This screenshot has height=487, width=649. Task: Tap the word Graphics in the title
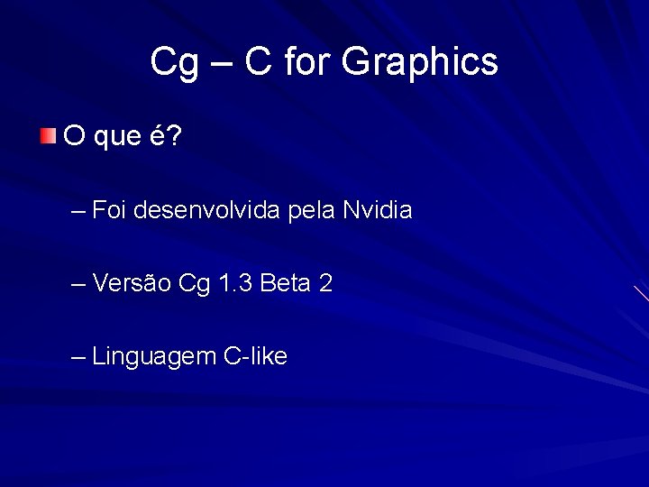point(420,62)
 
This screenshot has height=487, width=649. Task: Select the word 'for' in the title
point(307,62)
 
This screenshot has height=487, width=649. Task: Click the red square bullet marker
point(48,136)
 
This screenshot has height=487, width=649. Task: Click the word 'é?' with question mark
point(166,135)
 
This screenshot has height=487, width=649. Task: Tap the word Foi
point(110,211)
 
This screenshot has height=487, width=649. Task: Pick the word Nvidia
point(378,211)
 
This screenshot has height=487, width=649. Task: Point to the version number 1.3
point(234,284)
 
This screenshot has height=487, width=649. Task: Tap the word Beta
point(284,284)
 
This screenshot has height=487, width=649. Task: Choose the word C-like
point(255,356)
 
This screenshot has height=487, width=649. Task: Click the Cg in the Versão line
point(195,285)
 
